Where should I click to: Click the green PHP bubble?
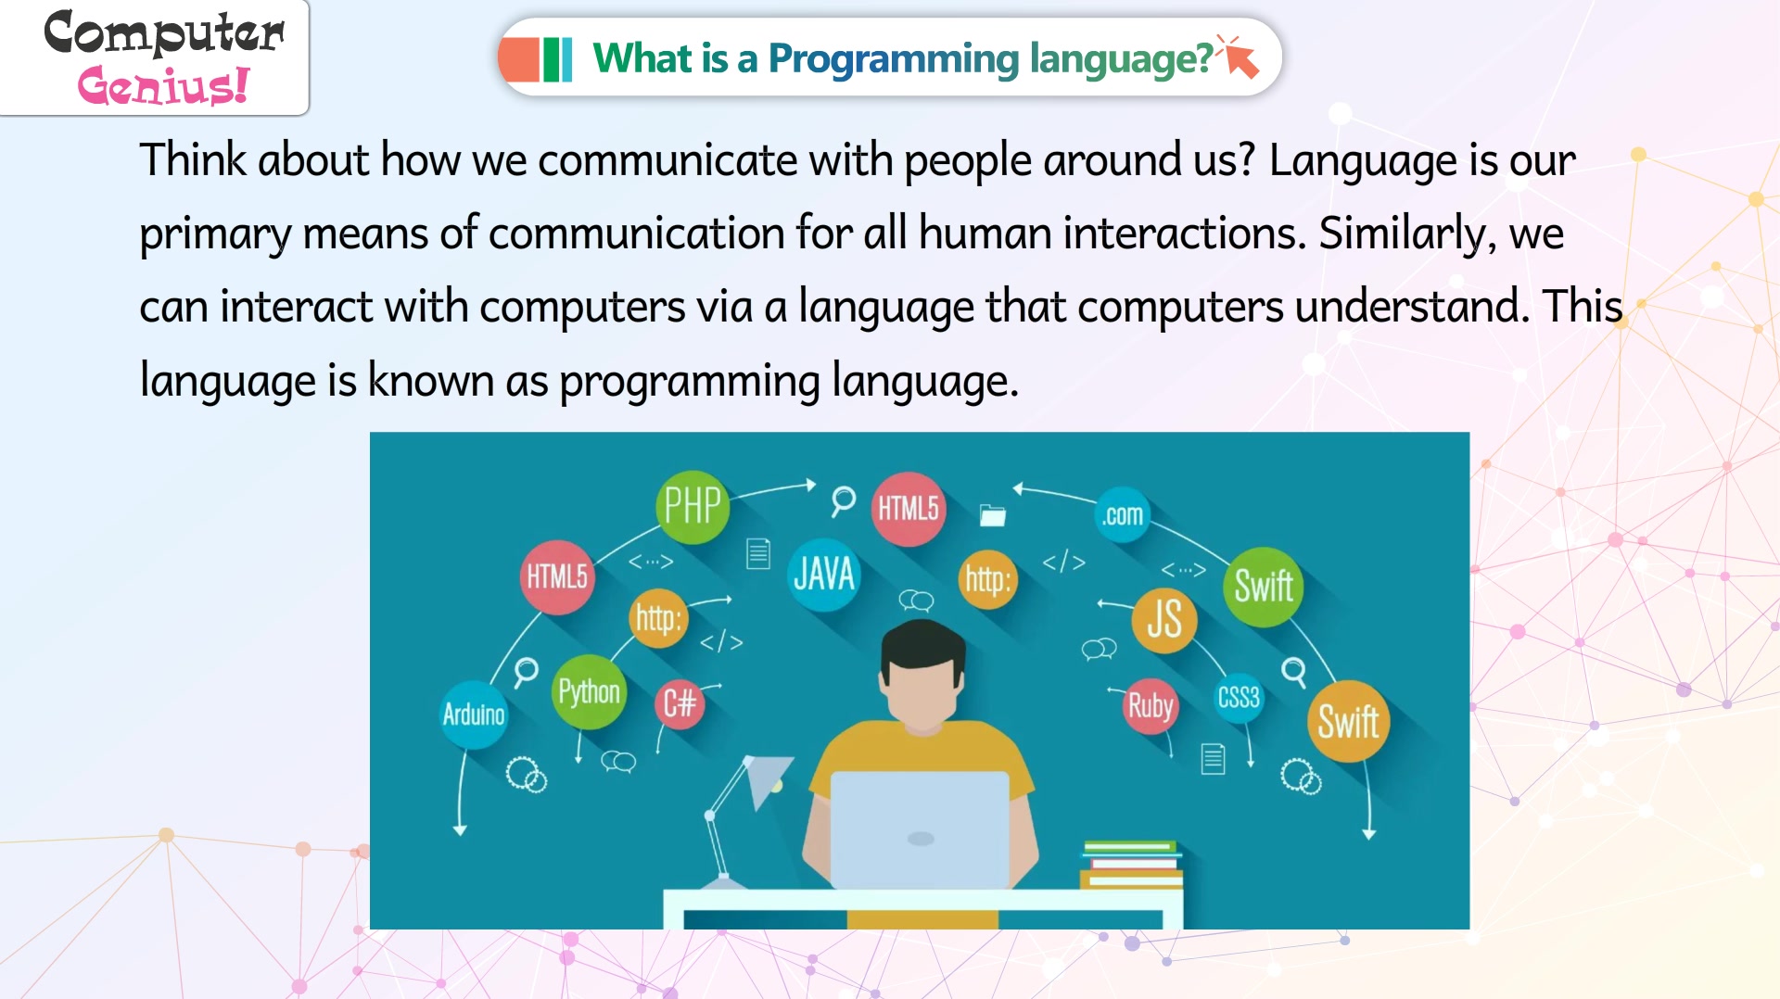(693, 506)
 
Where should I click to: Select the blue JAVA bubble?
(823, 575)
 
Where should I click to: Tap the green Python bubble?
(589, 691)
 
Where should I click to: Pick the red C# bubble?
(680, 703)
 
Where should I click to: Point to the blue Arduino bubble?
(474, 714)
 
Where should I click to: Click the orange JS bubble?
(1164, 619)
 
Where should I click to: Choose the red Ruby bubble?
(1151, 706)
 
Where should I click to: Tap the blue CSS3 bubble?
(1239, 698)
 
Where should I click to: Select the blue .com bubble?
(1122, 514)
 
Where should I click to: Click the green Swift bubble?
(1264, 586)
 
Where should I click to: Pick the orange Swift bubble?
(1349, 721)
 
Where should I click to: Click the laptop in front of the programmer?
(920, 829)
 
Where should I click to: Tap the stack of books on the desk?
(1132, 864)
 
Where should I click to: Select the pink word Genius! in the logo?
(164, 86)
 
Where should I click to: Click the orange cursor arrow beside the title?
(1240, 57)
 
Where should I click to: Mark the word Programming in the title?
(894, 58)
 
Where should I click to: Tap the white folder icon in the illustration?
(993, 514)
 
